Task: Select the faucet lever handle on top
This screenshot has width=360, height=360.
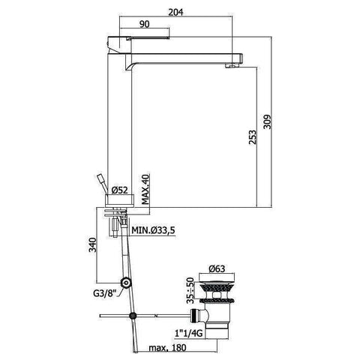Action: [139, 42]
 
